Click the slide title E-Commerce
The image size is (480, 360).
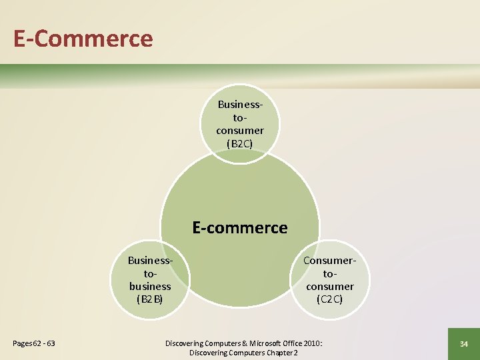coord(83,38)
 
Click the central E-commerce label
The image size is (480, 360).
coord(240,227)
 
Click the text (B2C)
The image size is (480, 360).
coord(240,143)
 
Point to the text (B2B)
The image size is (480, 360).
coord(150,299)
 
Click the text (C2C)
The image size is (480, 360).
coord(330,299)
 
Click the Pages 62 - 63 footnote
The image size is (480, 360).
coord(34,343)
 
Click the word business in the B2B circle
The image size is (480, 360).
coord(150,286)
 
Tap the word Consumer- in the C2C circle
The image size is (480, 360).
coord(330,261)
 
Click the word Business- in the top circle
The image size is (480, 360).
coord(240,105)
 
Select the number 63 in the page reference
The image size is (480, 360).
coord(49,343)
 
